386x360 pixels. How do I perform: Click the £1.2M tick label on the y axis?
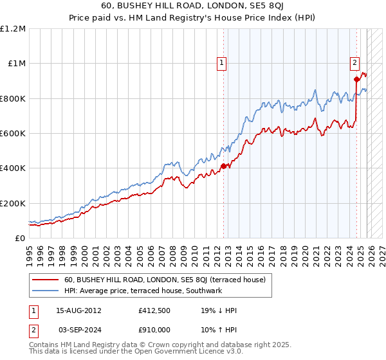pos(13,29)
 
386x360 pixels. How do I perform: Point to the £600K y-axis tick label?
pos(13,134)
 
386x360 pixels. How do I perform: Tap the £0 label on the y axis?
pos(19,239)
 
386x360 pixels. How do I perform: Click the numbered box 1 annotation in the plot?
pos(222,62)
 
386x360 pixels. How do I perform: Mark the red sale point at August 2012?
pos(223,166)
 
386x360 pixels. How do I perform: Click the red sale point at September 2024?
pos(356,80)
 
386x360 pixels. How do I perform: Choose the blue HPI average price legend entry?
pos(142,291)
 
